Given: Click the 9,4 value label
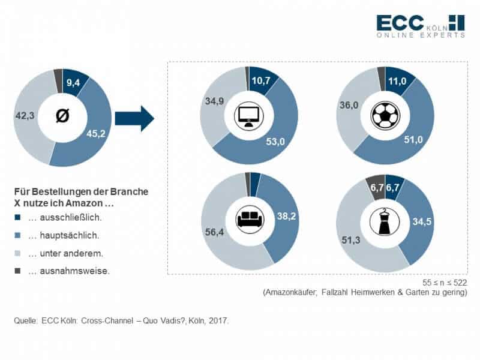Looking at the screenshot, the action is pos(73,82).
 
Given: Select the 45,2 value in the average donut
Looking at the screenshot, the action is pos(96,133).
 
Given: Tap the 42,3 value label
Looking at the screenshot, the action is pos(25,116).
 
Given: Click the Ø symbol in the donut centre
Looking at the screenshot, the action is pos(63,116).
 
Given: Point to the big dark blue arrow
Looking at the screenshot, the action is pos(134,118).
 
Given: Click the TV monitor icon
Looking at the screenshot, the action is pos(249,116).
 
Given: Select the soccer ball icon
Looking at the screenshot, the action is pos(385,116).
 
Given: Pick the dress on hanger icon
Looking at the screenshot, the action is pos(385,221).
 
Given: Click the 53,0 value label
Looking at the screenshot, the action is pos(275,142).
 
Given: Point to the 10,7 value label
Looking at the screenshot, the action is pos(261,80).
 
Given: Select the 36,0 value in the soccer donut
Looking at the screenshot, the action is pos(349,106).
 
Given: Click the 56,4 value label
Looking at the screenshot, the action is pos(214,232).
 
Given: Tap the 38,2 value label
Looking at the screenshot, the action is pos(287,216).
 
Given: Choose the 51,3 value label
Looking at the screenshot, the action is pos(351,241).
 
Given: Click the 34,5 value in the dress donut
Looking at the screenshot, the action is pos(422,221).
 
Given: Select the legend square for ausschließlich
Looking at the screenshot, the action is pos(17,217).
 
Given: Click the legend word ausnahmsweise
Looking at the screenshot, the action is pos(74,271).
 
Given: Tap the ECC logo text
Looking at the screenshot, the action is pos(400,23).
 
